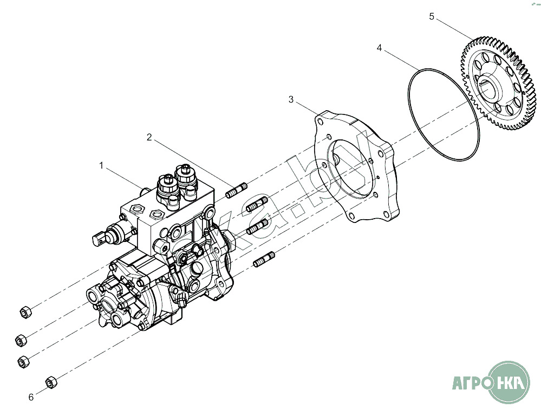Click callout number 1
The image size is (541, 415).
(x=101, y=165)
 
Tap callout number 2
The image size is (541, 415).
(x=149, y=137)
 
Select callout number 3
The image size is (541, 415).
(x=291, y=99)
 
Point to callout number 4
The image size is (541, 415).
(x=380, y=48)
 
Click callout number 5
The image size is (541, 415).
(x=432, y=16)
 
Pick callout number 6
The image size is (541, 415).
(x=31, y=397)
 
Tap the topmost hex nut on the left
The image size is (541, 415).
(x=24, y=312)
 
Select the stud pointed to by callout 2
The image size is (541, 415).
(x=237, y=191)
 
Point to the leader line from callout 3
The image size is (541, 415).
(x=306, y=107)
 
